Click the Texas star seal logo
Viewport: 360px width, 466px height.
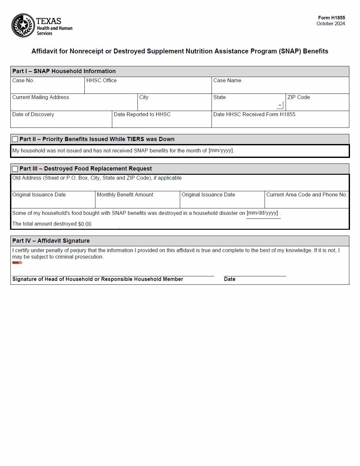click(23, 25)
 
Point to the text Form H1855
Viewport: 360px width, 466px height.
click(331, 18)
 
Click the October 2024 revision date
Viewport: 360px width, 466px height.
click(331, 24)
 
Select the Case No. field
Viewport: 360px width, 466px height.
click(48, 88)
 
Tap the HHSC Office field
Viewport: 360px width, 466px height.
click(148, 88)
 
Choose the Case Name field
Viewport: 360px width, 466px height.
click(280, 88)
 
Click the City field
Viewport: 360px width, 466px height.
click(174, 105)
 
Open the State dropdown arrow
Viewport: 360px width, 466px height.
click(280, 105)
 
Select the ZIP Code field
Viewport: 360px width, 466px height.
click(317, 105)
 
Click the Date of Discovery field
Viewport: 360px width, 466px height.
click(61, 122)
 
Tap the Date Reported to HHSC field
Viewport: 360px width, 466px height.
click(162, 122)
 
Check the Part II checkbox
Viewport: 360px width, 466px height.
click(15, 139)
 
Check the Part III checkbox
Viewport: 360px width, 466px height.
click(15, 169)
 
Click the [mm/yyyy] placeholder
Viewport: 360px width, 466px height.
click(221, 150)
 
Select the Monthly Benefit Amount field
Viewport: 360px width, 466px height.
click(137, 202)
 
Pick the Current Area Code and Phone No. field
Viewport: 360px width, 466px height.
click(307, 202)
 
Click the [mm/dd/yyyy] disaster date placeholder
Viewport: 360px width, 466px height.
click(262, 213)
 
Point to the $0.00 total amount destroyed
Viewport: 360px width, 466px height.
click(85, 224)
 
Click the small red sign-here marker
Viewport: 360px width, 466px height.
click(17, 262)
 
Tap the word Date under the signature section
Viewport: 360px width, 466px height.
click(230, 279)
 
